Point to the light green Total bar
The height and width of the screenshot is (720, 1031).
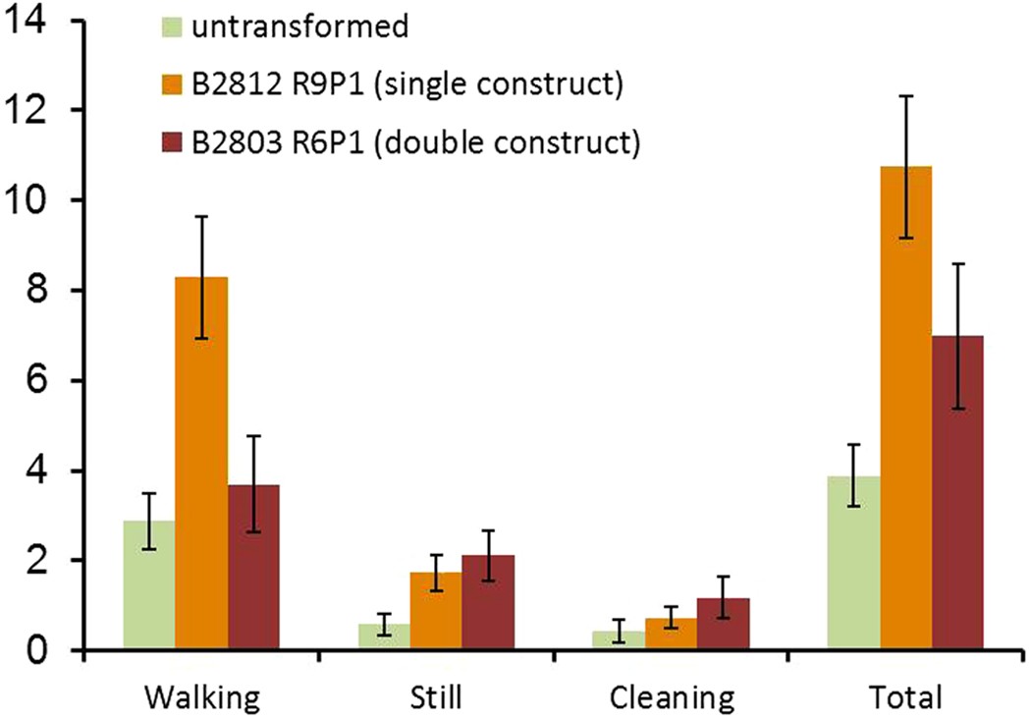point(853,564)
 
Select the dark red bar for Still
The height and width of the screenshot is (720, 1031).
point(488,603)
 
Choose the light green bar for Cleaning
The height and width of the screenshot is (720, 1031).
point(619,640)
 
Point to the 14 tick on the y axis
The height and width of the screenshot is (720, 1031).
point(27,21)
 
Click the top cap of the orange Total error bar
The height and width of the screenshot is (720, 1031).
point(905,96)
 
